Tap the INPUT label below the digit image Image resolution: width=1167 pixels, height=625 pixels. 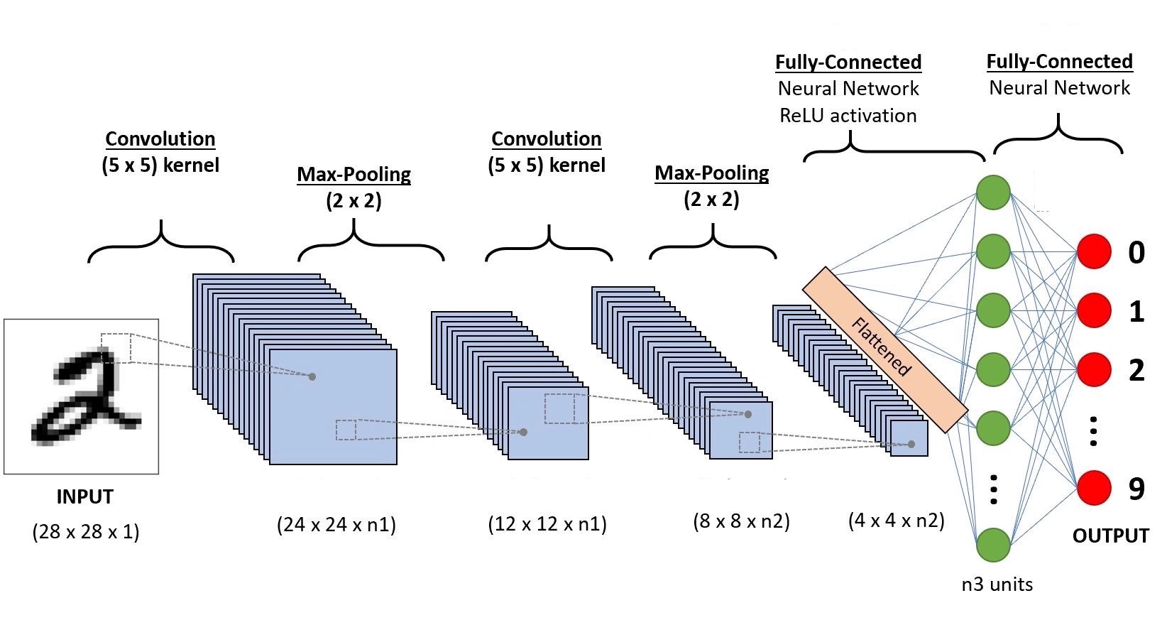85,496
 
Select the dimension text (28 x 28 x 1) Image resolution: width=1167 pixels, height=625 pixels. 86,532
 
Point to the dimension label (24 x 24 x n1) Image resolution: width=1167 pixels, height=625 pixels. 336,524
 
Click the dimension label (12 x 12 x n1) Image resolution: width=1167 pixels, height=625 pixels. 547,524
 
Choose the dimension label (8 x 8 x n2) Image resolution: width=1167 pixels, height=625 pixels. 741,521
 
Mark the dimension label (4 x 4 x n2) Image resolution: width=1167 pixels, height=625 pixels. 897,520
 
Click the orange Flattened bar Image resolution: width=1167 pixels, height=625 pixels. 885,349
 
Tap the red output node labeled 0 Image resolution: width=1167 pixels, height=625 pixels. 1094,251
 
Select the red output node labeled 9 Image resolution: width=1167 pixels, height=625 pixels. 1094,488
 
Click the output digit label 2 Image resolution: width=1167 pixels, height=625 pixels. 1136,370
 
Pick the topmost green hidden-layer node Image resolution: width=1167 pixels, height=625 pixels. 994,192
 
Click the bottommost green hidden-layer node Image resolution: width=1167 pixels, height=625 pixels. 994,545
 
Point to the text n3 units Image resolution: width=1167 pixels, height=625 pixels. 997,585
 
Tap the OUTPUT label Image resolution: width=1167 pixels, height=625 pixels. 1111,536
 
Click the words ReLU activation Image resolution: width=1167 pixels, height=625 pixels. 848,115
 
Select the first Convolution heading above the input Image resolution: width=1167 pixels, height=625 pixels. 160,139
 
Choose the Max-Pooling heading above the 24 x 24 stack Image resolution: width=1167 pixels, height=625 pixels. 354,175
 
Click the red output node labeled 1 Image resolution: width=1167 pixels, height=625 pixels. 1094,310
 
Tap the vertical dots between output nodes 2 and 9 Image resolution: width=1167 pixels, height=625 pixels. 1094,431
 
